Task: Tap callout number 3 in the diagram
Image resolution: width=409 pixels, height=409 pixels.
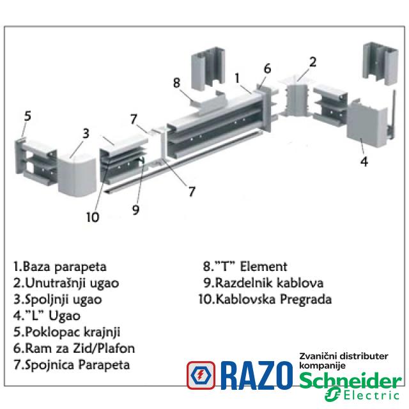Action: [x=85, y=134]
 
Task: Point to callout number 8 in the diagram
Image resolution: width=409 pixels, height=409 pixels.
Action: [x=177, y=82]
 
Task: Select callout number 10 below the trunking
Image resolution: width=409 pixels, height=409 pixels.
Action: [x=93, y=217]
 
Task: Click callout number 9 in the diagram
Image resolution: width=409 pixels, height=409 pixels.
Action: [x=135, y=208]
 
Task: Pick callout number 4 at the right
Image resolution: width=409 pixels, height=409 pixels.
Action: [x=364, y=162]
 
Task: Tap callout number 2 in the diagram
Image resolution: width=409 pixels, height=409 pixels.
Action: [x=313, y=62]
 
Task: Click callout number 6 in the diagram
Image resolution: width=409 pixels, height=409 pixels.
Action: [x=267, y=68]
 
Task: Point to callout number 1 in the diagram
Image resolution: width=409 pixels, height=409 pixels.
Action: [x=237, y=78]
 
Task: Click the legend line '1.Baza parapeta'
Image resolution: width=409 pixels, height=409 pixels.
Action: [x=59, y=266]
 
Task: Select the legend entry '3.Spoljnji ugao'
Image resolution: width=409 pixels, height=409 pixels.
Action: [x=57, y=299]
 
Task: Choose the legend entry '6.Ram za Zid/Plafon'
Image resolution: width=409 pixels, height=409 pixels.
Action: [x=73, y=348]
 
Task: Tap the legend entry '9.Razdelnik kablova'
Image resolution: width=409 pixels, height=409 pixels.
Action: [x=263, y=282]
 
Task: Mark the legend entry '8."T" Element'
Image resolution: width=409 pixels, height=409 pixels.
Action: [x=245, y=266]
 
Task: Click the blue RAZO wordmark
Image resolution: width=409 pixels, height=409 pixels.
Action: [x=258, y=376]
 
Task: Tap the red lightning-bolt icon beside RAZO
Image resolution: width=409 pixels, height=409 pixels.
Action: [x=201, y=376]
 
